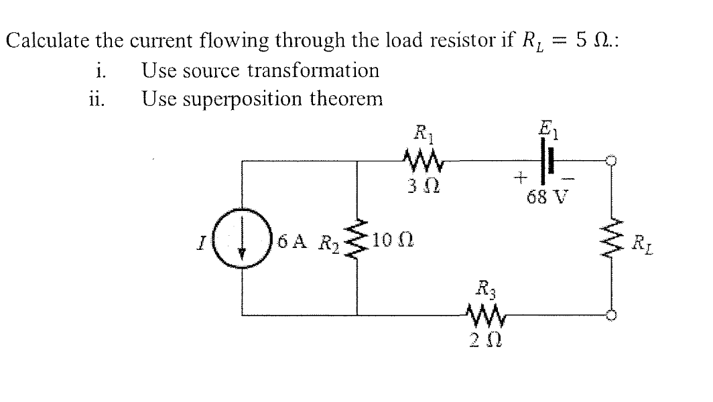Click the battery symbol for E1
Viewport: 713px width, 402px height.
point(548,161)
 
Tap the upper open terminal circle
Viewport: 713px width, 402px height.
point(610,161)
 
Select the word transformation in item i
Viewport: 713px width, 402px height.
point(314,70)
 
